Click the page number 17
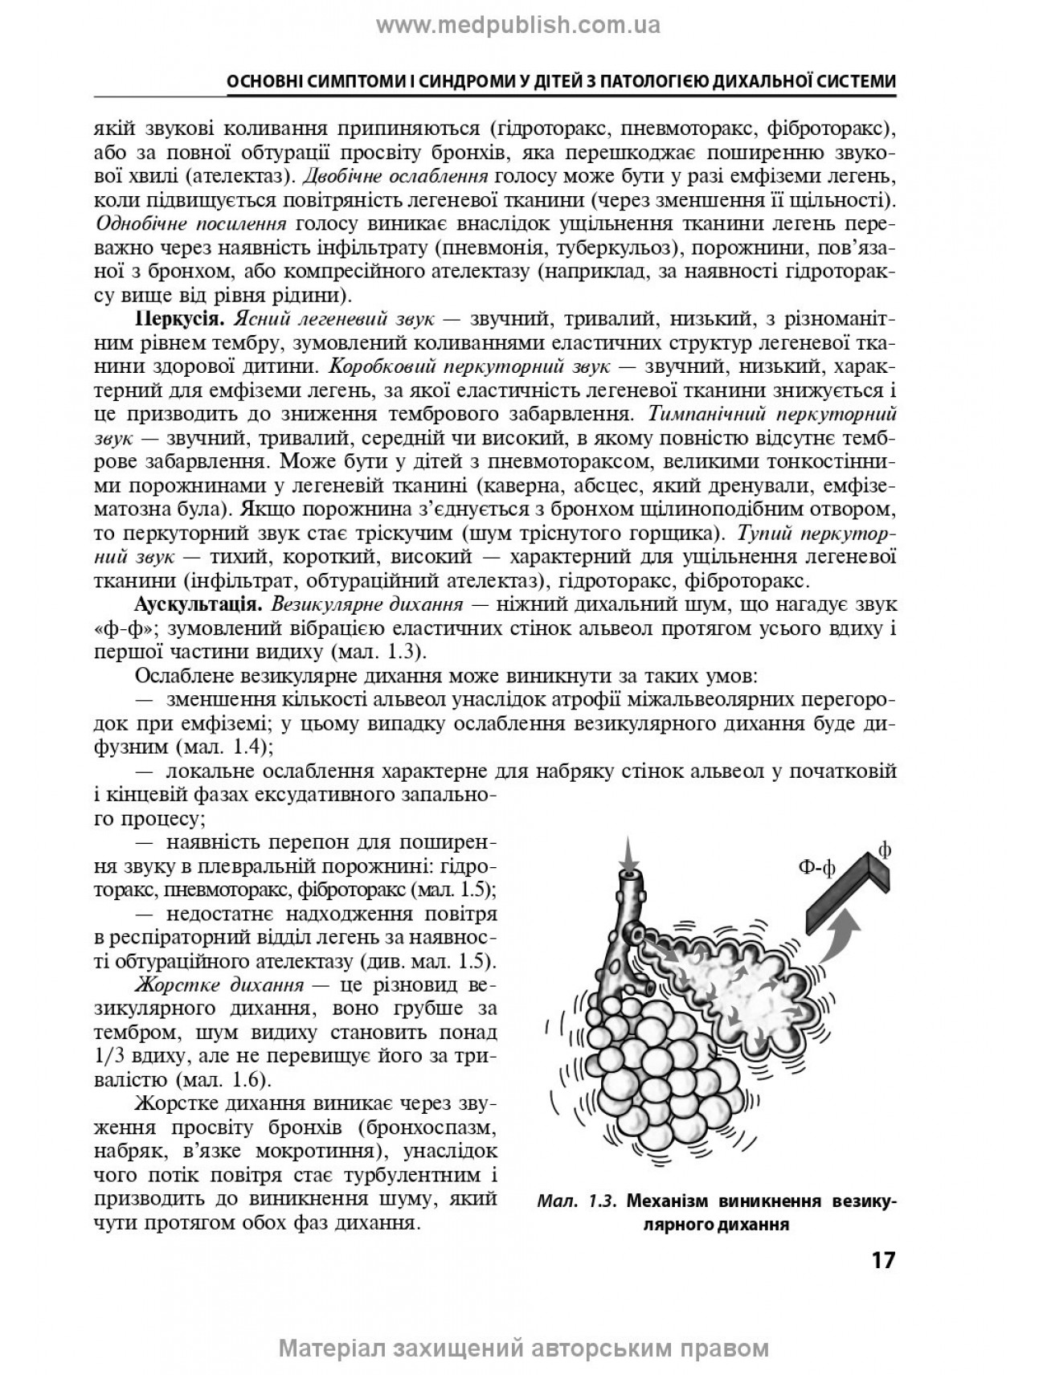(882, 1259)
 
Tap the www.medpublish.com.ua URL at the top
(518, 26)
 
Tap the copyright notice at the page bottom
(523, 1348)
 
